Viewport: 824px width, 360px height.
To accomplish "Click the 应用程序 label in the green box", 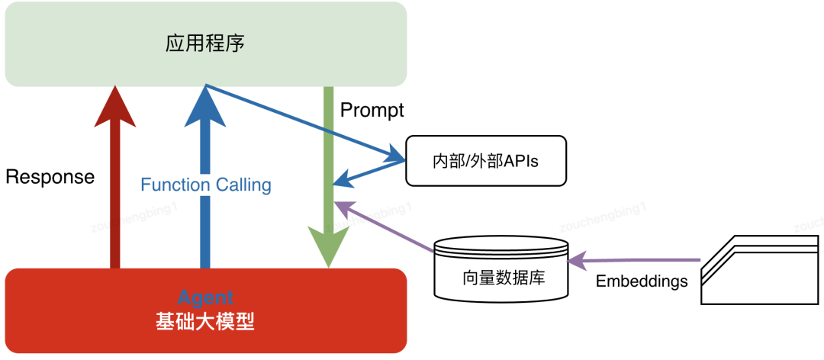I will [x=205, y=43].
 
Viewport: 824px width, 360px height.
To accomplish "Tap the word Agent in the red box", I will [x=205, y=297].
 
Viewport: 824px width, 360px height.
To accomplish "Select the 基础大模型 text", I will [x=205, y=322].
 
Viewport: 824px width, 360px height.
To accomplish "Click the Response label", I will [x=50, y=177].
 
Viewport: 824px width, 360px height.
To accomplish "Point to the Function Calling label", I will [x=206, y=185].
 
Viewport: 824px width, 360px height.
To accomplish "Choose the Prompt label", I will [x=372, y=110].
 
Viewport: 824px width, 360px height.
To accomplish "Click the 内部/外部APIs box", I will [x=485, y=161].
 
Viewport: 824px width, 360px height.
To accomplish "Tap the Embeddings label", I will [x=641, y=281].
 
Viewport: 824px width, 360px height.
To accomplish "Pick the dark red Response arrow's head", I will [x=114, y=107].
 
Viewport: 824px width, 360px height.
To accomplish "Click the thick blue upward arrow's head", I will [x=205, y=107].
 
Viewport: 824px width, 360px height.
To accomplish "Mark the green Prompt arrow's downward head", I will [x=328, y=248].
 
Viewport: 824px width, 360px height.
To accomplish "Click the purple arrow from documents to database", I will [x=633, y=260].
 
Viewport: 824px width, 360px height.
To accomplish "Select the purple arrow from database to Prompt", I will [x=385, y=224].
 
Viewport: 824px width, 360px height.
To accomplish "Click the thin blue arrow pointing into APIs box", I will [x=305, y=122].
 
